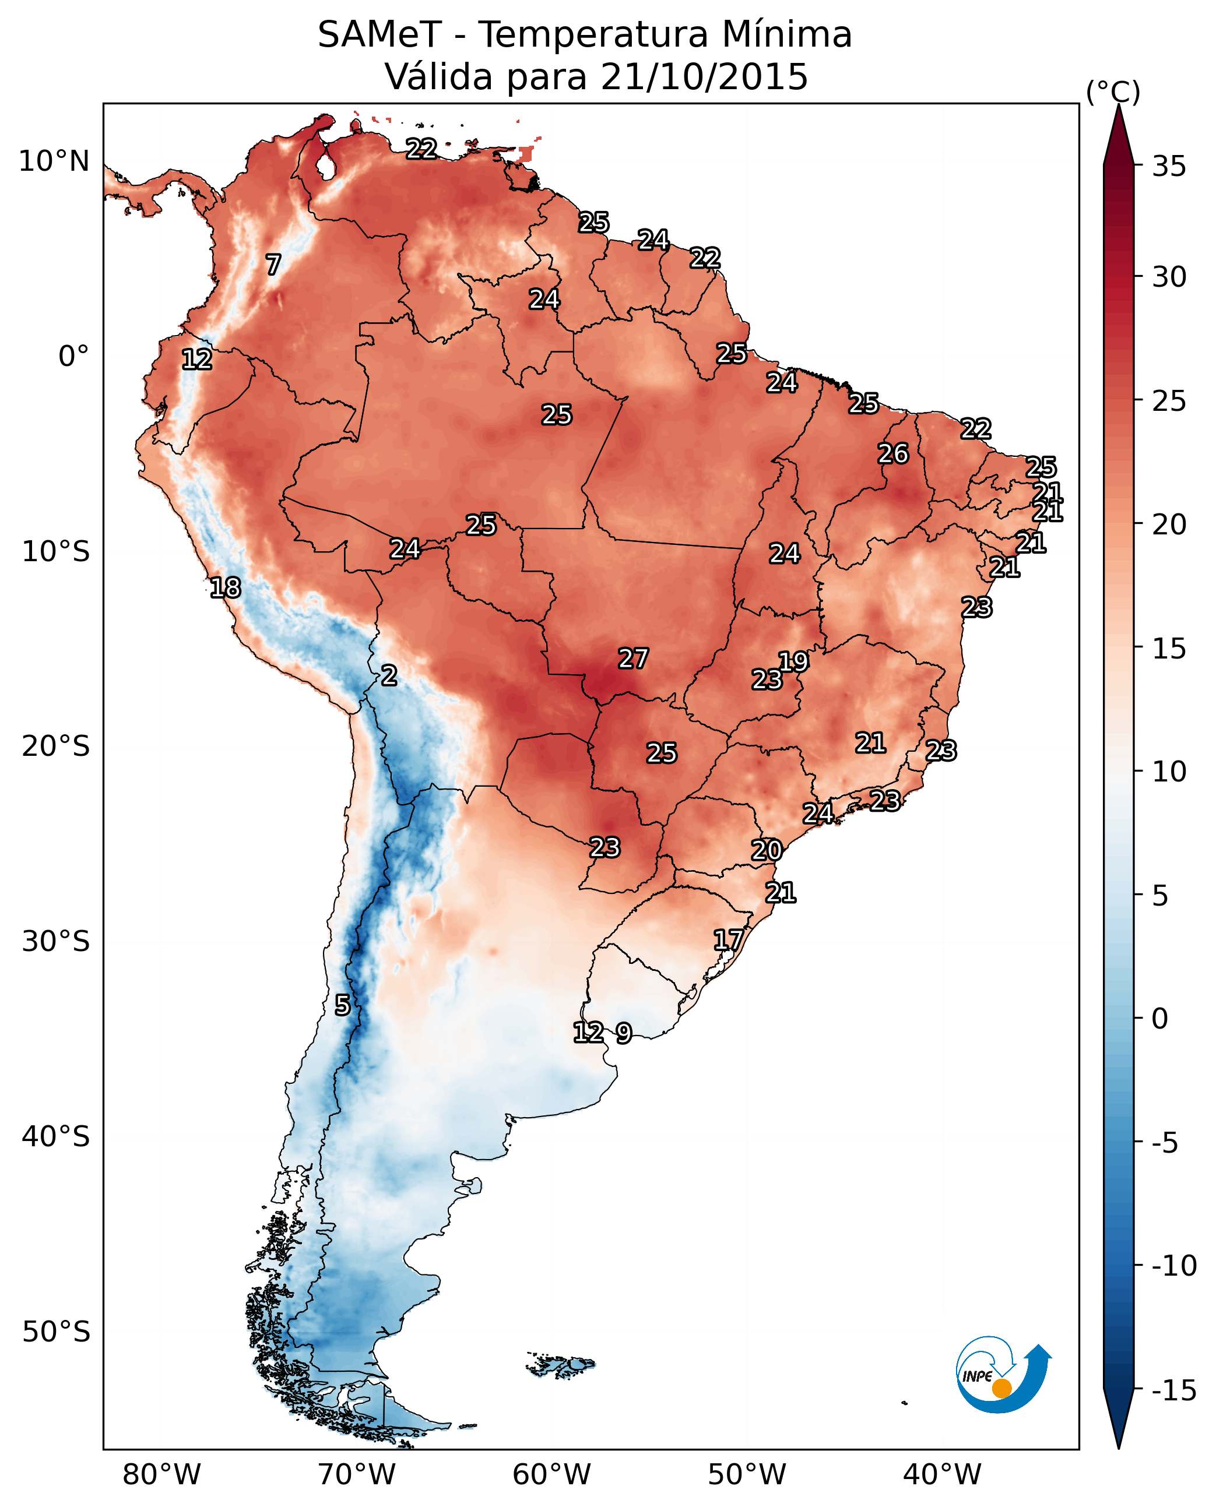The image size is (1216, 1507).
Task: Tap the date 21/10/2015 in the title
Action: click(704, 77)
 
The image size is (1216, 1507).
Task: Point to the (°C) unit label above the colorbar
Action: click(1113, 91)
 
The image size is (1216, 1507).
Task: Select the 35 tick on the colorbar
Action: click(1169, 167)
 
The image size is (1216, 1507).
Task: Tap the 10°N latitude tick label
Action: click(54, 162)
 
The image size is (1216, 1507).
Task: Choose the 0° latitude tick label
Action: click(73, 357)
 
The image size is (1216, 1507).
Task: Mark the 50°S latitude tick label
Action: click(56, 1332)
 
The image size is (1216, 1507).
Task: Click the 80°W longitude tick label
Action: click(162, 1475)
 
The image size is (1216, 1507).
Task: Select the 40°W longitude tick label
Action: click(942, 1475)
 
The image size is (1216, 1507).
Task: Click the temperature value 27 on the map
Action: click(633, 659)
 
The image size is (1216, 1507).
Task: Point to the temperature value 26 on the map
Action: click(893, 454)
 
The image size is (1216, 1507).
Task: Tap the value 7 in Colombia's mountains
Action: click(273, 265)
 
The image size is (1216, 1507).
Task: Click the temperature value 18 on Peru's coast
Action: click(226, 587)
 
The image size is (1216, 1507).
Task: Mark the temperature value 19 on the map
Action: click(793, 661)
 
